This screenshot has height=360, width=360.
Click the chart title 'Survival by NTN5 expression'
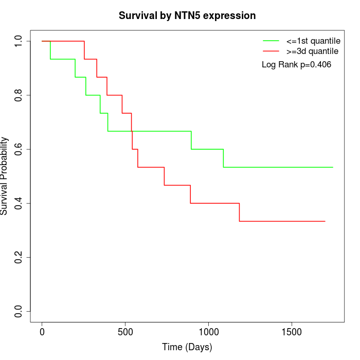click(x=187, y=16)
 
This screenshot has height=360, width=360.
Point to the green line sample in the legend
click(x=271, y=41)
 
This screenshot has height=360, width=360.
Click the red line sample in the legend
click(x=271, y=51)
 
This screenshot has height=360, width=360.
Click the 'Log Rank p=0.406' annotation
click(x=296, y=65)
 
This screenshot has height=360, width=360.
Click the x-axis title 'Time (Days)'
click(x=187, y=347)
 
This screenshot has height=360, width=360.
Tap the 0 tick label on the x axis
click(x=42, y=331)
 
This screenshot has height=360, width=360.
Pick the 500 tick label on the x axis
click(x=125, y=331)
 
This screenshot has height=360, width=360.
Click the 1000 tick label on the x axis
click(x=208, y=331)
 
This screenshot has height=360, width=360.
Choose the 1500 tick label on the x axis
click(x=292, y=331)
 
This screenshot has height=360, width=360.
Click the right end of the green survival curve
click(x=333, y=167)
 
